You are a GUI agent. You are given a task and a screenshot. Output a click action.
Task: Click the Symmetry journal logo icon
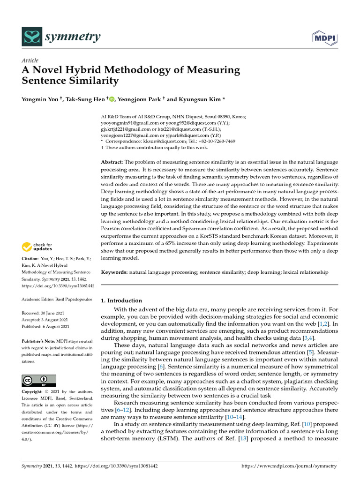pyautogui.click(x=31, y=36)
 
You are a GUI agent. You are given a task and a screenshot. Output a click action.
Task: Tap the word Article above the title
pyautogui.click(x=30, y=60)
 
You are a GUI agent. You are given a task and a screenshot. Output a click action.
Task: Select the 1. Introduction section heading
pyautogui.click(x=121, y=300)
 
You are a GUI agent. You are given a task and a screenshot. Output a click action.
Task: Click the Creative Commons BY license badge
pyautogui.click(x=39, y=380)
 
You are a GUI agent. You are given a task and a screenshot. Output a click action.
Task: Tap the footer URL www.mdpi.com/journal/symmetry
pyautogui.click(x=289, y=466)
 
